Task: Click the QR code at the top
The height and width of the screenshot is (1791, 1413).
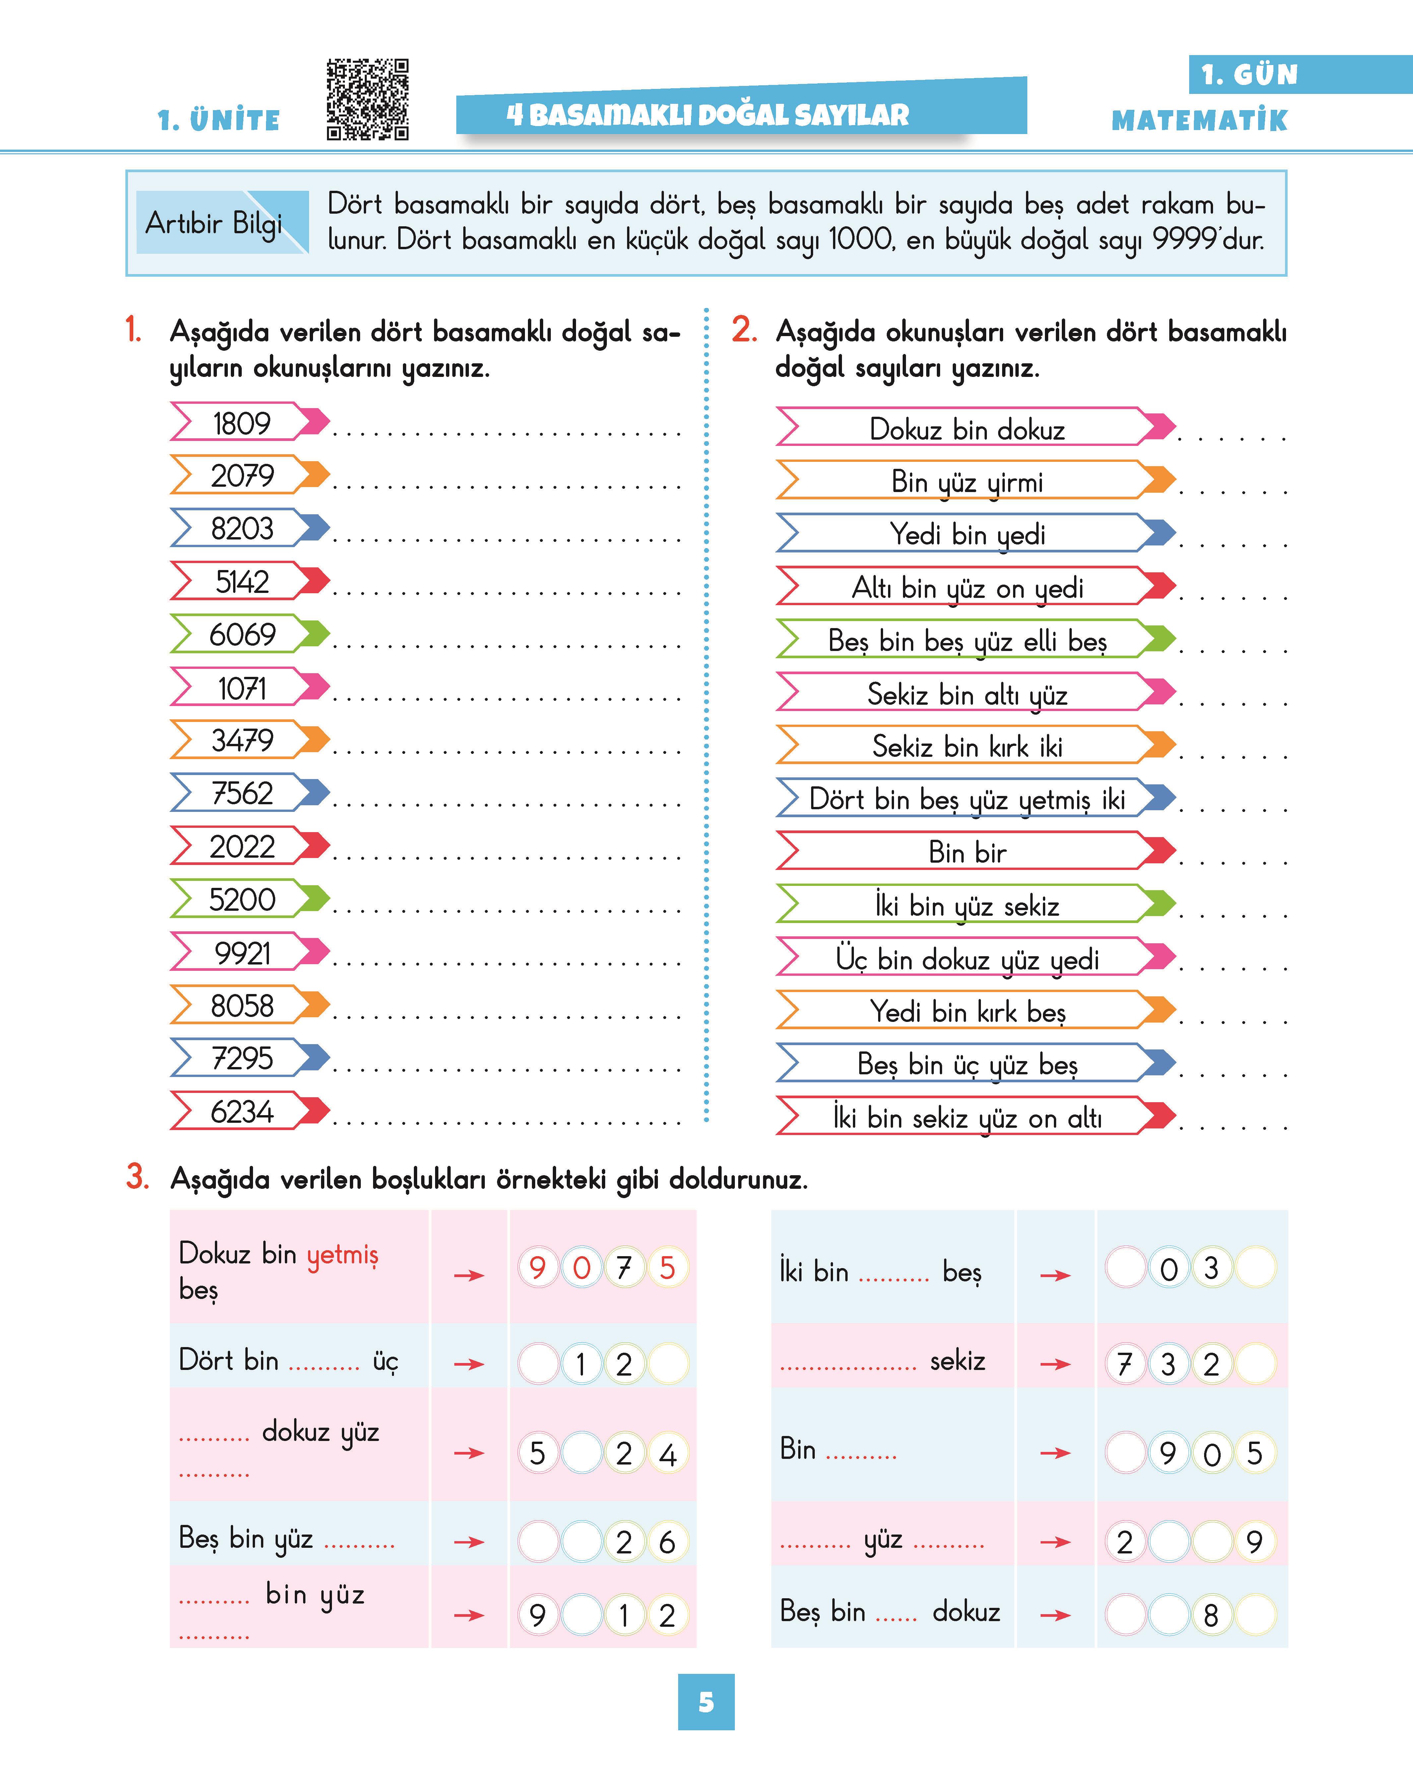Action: [x=367, y=99]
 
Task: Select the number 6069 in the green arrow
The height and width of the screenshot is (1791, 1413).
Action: [x=241, y=635]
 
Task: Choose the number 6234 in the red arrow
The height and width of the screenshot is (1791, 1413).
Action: [x=241, y=1111]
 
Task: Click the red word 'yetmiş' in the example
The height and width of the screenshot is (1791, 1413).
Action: [x=343, y=1255]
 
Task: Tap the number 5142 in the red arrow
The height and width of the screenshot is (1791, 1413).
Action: [x=241, y=582]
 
